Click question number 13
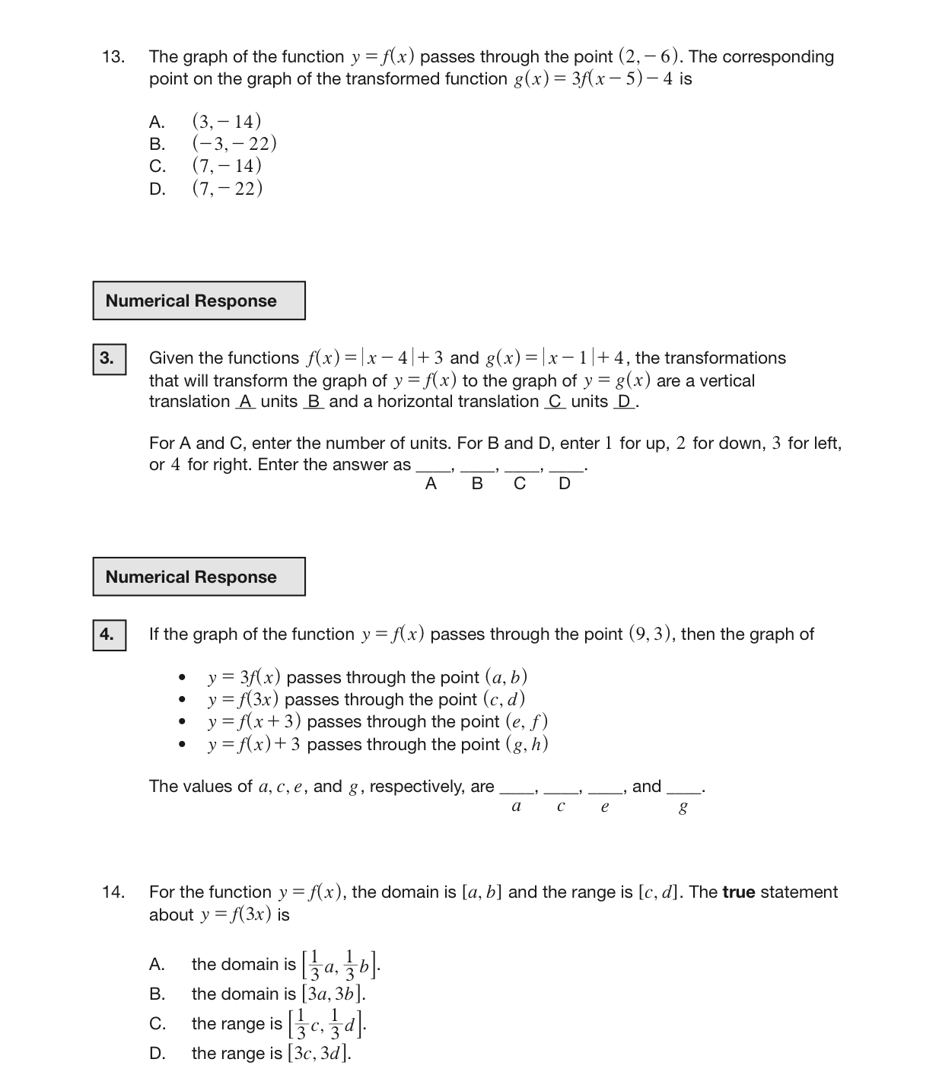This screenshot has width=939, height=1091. click(113, 57)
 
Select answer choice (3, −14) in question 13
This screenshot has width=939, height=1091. click(226, 122)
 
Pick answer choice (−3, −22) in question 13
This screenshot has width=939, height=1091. click(234, 144)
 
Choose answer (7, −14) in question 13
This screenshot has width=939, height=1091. click(226, 166)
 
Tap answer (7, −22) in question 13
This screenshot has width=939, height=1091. click(227, 188)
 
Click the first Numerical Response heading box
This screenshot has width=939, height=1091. click(199, 301)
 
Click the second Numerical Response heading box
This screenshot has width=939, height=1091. click(199, 577)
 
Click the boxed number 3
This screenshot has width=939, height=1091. click(107, 358)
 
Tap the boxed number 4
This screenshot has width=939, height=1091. click(107, 635)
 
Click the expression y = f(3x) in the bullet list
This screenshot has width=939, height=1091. click(243, 699)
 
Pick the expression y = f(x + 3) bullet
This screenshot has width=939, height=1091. click(254, 721)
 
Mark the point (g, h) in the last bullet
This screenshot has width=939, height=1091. click(527, 744)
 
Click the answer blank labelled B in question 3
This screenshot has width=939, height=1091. click(477, 469)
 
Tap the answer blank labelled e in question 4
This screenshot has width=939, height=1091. click(605, 790)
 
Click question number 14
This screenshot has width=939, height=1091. click(113, 892)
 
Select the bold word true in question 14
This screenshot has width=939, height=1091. click(738, 892)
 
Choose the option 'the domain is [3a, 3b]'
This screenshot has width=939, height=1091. click(279, 994)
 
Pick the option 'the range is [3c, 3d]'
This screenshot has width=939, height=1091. click(271, 1053)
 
